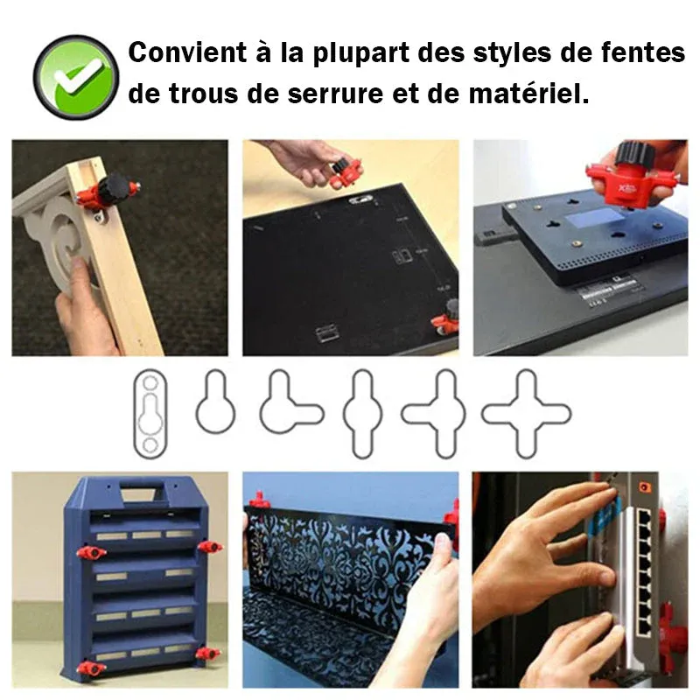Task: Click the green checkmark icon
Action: (x=76, y=77)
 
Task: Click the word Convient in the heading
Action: (x=187, y=52)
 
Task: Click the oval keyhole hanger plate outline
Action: (x=150, y=413)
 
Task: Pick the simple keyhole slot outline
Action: (x=215, y=402)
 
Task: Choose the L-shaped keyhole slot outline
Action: (x=291, y=402)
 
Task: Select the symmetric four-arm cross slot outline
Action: (x=526, y=414)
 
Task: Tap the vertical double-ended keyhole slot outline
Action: (x=362, y=414)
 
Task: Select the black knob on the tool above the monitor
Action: (x=633, y=154)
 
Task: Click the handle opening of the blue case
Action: (x=139, y=494)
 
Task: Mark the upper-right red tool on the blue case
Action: (x=210, y=546)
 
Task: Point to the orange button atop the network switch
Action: (x=643, y=487)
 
